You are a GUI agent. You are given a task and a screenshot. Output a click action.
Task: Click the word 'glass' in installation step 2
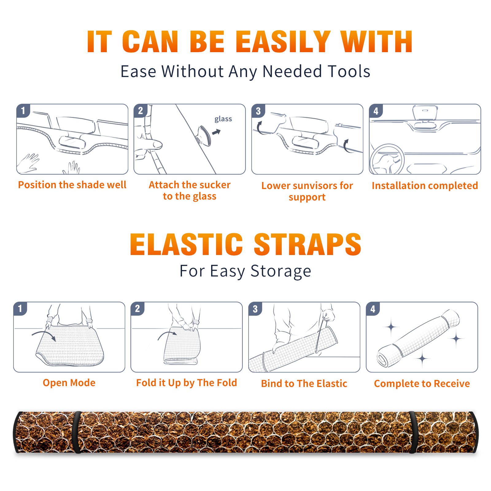pyautogui.click(x=223, y=119)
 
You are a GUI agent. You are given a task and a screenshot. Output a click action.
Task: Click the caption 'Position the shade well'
pyautogui.click(x=72, y=185)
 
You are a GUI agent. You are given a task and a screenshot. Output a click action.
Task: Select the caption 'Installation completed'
pyautogui.click(x=425, y=185)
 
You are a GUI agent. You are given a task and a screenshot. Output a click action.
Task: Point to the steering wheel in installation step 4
pyautogui.click(x=387, y=159)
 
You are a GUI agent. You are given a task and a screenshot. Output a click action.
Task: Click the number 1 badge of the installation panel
pyautogui.click(x=23, y=110)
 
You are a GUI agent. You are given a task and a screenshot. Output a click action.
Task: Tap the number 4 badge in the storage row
pyautogui.click(x=373, y=309)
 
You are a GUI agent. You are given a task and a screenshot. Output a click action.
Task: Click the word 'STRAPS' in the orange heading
pyautogui.click(x=307, y=244)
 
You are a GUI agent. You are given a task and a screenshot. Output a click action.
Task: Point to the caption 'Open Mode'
pyautogui.click(x=69, y=383)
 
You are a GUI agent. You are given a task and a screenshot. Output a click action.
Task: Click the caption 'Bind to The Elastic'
pyautogui.click(x=304, y=384)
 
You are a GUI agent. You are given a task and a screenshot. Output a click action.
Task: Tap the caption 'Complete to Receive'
pyautogui.click(x=422, y=384)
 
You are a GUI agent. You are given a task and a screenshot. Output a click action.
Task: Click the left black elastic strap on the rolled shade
pyautogui.click(x=77, y=432)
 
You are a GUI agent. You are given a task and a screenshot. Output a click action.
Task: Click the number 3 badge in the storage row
pyautogui.click(x=255, y=309)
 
